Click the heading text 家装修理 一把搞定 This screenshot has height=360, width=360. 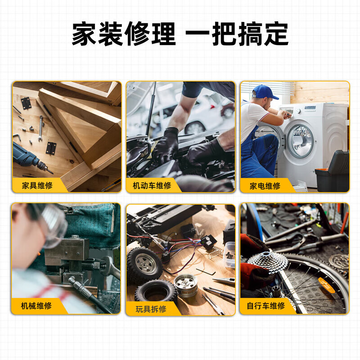click(x=180, y=34)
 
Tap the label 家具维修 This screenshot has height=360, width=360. click(x=37, y=185)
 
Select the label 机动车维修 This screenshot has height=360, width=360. click(x=152, y=185)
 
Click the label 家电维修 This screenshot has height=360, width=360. click(x=265, y=185)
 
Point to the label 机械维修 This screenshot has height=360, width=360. click(x=36, y=306)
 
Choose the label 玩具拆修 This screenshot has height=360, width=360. click(x=151, y=309)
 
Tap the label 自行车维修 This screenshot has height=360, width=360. click(x=265, y=306)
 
